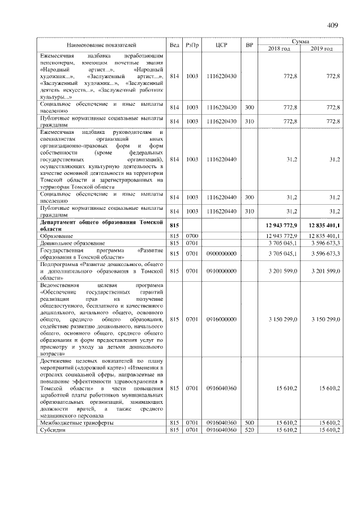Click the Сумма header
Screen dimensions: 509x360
(x=300, y=41)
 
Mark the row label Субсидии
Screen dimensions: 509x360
(x=53, y=430)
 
